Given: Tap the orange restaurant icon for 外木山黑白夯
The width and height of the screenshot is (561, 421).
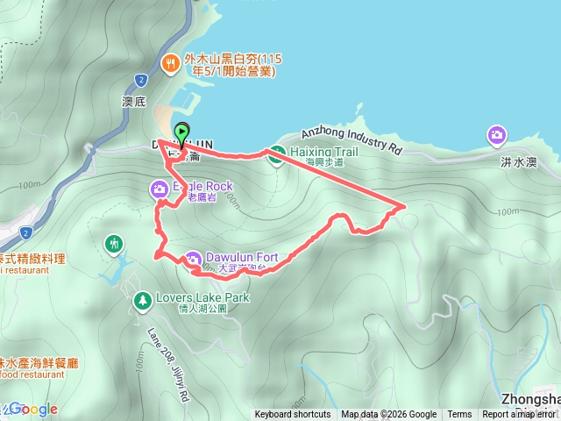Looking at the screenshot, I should (x=172, y=62).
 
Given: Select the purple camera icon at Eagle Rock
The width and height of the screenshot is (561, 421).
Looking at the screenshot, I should (x=160, y=188).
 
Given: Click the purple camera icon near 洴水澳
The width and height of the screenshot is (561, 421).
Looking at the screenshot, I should (x=497, y=134).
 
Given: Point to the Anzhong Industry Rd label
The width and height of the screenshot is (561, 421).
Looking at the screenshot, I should (x=351, y=139).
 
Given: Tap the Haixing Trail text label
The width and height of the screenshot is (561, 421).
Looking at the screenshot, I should (x=320, y=151).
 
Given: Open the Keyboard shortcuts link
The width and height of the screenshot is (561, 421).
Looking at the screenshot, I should (x=294, y=415).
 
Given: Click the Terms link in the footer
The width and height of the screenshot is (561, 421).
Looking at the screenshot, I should (x=459, y=415).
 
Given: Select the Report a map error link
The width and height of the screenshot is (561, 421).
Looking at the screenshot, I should (x=520, y=415).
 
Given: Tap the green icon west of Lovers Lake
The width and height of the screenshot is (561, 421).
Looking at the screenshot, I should (x=113, y=242).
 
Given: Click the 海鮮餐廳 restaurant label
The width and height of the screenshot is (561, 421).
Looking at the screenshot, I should (x=35, y=362).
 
